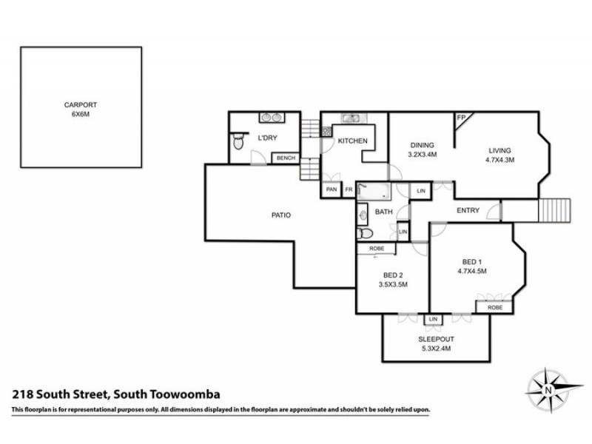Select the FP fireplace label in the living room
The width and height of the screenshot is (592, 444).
461,118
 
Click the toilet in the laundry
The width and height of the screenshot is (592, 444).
237,142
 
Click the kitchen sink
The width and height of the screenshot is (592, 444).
350,118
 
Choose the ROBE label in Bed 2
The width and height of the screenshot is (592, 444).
376,249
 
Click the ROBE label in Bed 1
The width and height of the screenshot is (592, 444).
494,307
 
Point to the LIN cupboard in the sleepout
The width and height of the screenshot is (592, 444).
433,319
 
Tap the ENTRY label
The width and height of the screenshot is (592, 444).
468,211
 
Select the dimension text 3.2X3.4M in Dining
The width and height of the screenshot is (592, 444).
423,155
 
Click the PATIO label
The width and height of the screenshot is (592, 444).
280,216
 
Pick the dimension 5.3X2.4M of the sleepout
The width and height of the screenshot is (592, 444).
435,349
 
